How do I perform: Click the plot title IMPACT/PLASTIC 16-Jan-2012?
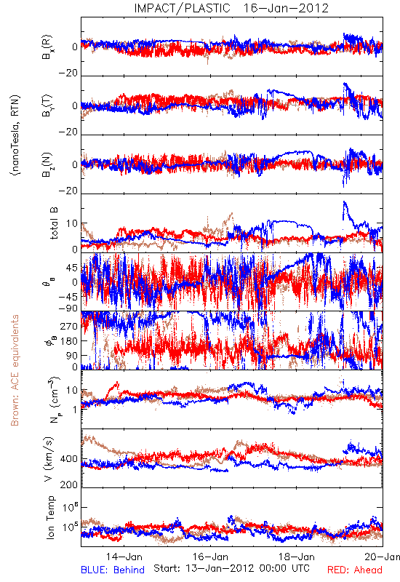tap(231, 8)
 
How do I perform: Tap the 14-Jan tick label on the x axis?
tap(124, 557)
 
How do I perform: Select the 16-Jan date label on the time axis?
tap(211, 557)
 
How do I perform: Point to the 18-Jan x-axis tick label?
tap(297, 557)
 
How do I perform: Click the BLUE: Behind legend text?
tap(113, 570)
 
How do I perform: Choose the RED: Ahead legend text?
tap(355, 570)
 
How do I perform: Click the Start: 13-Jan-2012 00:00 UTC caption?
tap(231, 568)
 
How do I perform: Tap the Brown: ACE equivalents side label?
tap(15, 370)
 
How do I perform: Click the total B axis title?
tap(54, 223)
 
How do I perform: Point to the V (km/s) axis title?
tap(49, 459)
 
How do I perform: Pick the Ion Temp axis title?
tap(50, 517)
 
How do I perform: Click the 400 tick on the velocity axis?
tap(69, 459)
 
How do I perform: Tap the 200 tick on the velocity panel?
tap(69, 485)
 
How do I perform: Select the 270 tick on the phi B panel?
tap(69, 326)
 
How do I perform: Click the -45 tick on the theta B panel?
tap(68, 297)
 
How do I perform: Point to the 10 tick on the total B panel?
tap(72, 223)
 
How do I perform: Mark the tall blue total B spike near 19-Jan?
tap(344, 212)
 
